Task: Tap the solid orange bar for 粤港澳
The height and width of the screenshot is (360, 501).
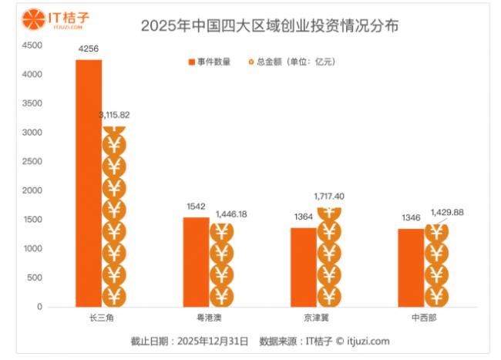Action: (196, 261)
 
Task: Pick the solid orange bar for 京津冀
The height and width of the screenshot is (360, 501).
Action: (304, 267)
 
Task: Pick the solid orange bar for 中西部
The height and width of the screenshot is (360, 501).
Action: (410, 267)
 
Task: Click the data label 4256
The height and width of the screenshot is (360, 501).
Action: (89, 49)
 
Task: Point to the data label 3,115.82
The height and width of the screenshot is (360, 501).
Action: (114, 115)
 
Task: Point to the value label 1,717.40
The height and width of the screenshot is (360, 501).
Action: (329, 197)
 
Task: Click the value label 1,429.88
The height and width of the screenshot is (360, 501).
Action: (449, 212)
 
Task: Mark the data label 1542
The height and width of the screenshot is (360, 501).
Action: (197, 207)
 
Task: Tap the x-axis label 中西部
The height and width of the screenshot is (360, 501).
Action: (423, 317)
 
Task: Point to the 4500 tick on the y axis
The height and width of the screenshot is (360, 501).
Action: (32, 45)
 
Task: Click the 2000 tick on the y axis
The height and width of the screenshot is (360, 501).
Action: (32, 190)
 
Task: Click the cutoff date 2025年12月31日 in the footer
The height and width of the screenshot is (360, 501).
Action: (213, 340)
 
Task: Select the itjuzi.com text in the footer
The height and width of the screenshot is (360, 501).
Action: (369, 340)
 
